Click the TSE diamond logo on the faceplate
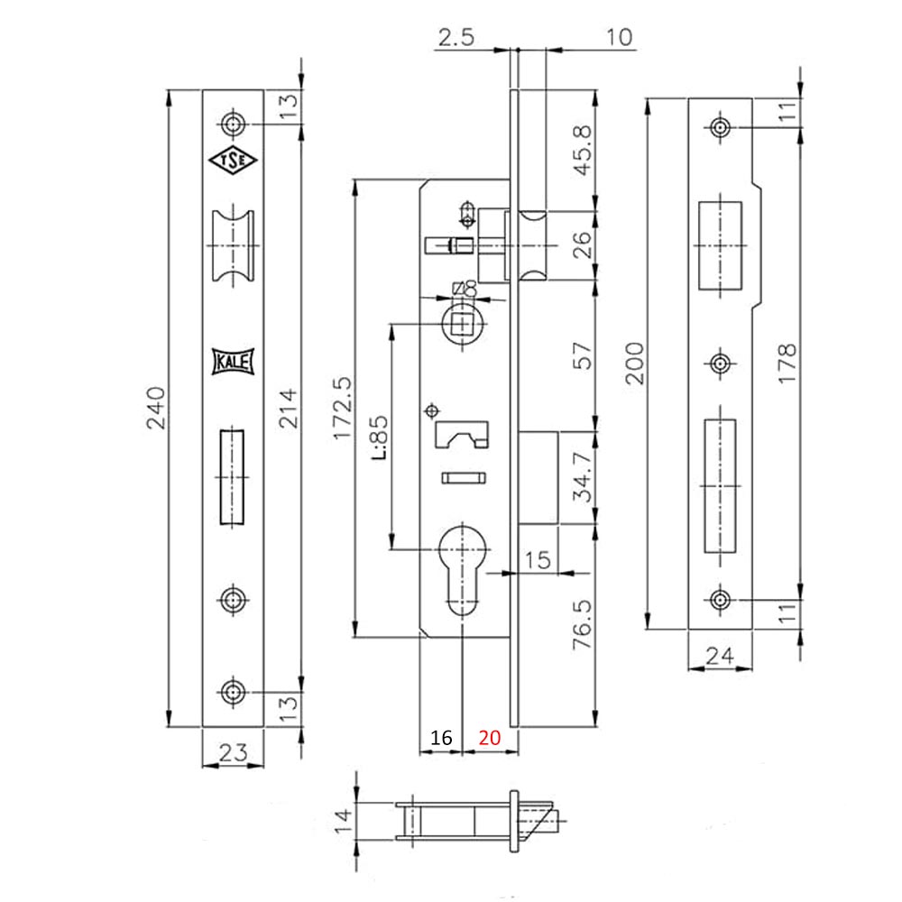pos(234,161)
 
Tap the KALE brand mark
pos(234,361)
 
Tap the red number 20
pos(489,738)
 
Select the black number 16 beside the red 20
pos(441,738)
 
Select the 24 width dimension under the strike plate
pos(719,656)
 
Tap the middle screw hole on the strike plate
pos(720,364)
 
